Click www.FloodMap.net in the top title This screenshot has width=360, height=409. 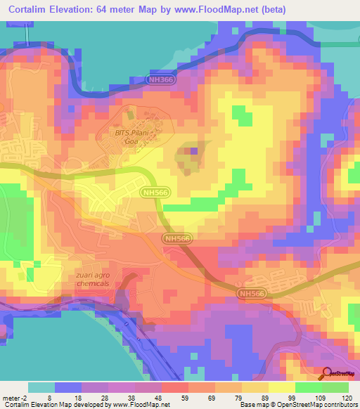pyautogui.click(x=241, y=10)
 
